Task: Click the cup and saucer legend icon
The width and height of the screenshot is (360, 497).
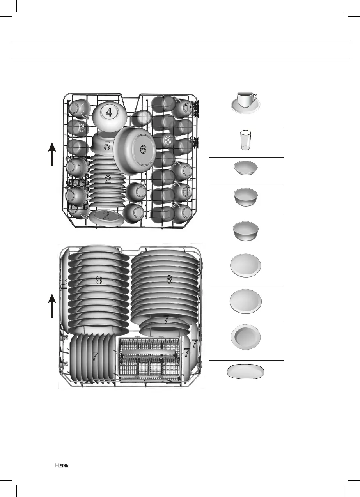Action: coord(246,103)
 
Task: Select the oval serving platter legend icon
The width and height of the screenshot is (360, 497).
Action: coord(246,371)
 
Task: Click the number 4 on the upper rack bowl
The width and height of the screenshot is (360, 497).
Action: coord(109,113)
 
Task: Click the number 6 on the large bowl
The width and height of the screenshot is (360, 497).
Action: coord(143,149)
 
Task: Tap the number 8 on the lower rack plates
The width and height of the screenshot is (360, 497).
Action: coord(169,279)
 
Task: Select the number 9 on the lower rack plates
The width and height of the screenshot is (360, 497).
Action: coord(99,279)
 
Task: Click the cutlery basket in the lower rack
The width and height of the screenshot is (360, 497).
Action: coord(150,360)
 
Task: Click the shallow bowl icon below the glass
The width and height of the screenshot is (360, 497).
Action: coord(245,169)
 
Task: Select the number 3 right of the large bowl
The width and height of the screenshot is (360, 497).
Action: coord(168,141)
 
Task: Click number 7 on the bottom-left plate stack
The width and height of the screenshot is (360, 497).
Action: coord(94,357)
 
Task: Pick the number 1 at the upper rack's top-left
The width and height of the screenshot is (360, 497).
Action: coord(83,107)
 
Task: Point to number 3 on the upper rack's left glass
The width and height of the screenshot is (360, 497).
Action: coord(81,127)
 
